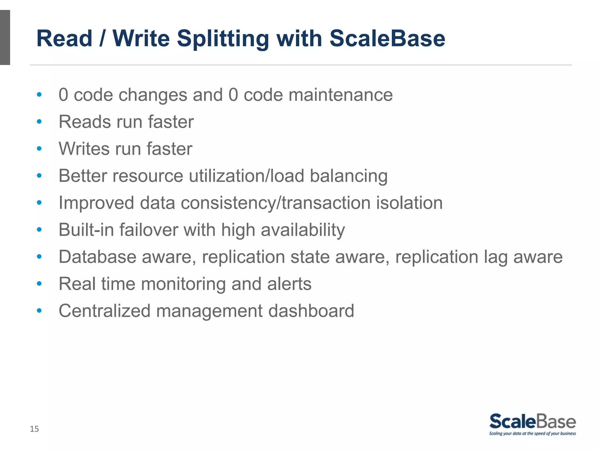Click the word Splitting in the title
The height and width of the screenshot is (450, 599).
[x=223, y=39]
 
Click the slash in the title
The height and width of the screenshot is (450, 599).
[x=102, y=39]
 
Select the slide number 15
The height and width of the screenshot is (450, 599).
[x=34, y=429]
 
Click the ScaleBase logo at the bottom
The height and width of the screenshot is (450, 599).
[x=532, y=422]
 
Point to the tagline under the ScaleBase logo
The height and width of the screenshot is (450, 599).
[x=532, y=434]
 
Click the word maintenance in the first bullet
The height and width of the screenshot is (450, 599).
[x=340, y=95]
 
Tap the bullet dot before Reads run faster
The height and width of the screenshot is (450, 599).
[x=39, y=122]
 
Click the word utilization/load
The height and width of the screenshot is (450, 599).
[x=247, y=176]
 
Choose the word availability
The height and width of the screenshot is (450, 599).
[x=303, y=230]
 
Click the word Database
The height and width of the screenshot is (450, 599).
[x=97, y=257]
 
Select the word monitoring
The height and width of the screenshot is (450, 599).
[x=183, y=284]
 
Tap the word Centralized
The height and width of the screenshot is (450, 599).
[x=104, y=311]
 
